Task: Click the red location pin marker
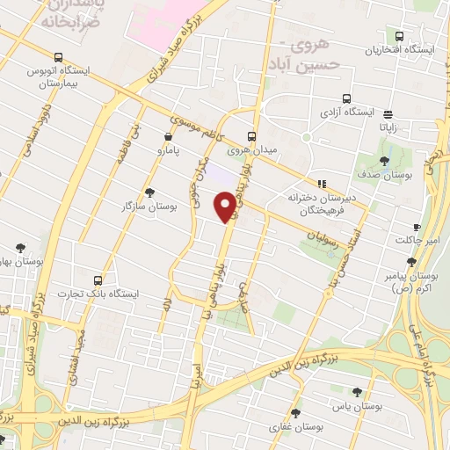pyautogui.click(x=226, y=207)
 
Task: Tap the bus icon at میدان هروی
pyautogui.click(x=251, y=136)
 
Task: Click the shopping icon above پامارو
pyautogui.click(x=168, y=136)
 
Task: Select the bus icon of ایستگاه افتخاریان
pyautogui.click(x=400, y=36)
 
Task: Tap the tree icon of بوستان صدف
pyautogui.click(x=385, y=159)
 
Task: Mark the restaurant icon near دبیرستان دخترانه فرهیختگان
pyautogui.click(x=323, y=184)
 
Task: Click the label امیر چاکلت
pyautogui.click(x=410, y=239)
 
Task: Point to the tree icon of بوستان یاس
pyautogui.click(x=356, y=392)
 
